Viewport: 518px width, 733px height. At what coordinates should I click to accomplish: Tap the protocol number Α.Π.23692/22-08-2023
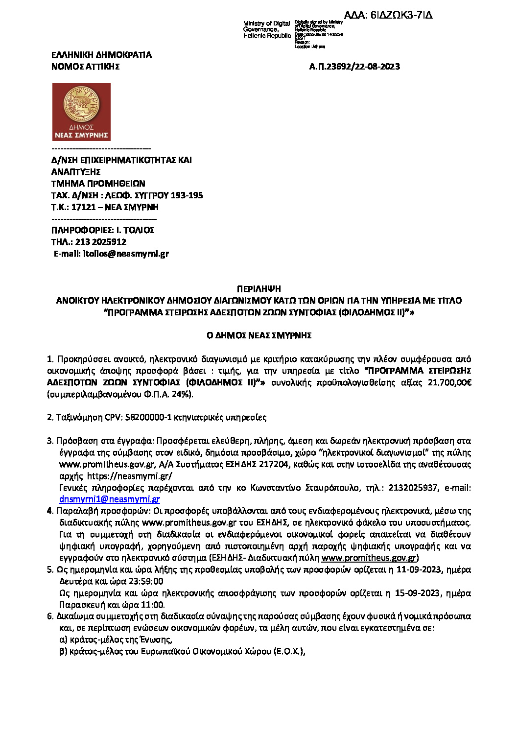pos(354,67)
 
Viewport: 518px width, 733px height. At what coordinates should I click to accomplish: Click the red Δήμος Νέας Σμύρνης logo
pos(81,112)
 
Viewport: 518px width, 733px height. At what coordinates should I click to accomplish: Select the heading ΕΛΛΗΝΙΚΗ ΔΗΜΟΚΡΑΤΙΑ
pos(101,55)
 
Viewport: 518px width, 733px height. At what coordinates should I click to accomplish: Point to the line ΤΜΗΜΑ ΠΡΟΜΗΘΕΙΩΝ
pos(98,184)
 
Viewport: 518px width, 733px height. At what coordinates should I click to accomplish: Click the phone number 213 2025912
pos(100,242)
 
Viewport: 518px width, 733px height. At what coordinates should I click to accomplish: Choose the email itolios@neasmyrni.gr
pos(126,254)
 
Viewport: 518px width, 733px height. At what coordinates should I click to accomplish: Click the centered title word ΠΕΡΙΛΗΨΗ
pos(259,289)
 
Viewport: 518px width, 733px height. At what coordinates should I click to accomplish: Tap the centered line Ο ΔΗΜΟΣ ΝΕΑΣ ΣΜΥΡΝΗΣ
pos(259,335)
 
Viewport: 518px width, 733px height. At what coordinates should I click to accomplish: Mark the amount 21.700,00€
pos(449,382)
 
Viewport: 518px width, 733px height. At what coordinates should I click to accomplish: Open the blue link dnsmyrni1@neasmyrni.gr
pos(110,499)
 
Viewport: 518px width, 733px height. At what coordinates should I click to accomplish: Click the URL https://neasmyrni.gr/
pos(129,476)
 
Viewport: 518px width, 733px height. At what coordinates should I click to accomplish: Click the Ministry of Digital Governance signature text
pos(267,29)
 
